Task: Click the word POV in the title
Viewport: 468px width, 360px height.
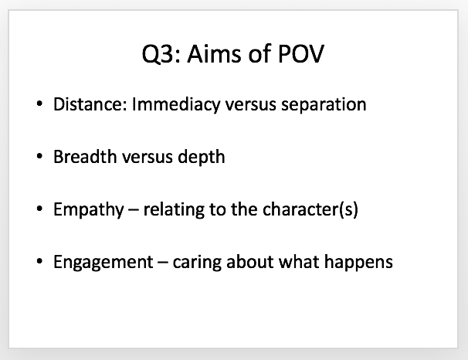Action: point(300,54)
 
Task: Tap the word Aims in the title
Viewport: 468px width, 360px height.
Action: point(214,54)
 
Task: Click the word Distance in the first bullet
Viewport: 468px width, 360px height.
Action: point(90,104)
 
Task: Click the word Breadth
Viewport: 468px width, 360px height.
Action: point(85,157)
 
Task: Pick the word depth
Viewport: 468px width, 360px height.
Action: point(201,158)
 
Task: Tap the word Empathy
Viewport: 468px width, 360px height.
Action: point(89,210)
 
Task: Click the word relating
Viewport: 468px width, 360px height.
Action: point(174,210)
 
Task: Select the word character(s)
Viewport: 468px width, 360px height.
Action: point(310,210)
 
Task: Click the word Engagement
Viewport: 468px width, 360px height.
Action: point(103,263)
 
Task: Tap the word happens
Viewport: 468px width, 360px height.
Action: point(358,263)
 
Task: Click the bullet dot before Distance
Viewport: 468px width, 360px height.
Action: point(39,104)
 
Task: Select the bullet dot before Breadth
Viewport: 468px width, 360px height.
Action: point(39,156)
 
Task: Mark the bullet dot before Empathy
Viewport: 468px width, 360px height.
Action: point(39,209)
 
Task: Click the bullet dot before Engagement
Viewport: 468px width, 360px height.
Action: point(39,261)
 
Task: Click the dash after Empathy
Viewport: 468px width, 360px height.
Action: point(134,211)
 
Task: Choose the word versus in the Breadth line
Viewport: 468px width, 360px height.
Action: point(148,158)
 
